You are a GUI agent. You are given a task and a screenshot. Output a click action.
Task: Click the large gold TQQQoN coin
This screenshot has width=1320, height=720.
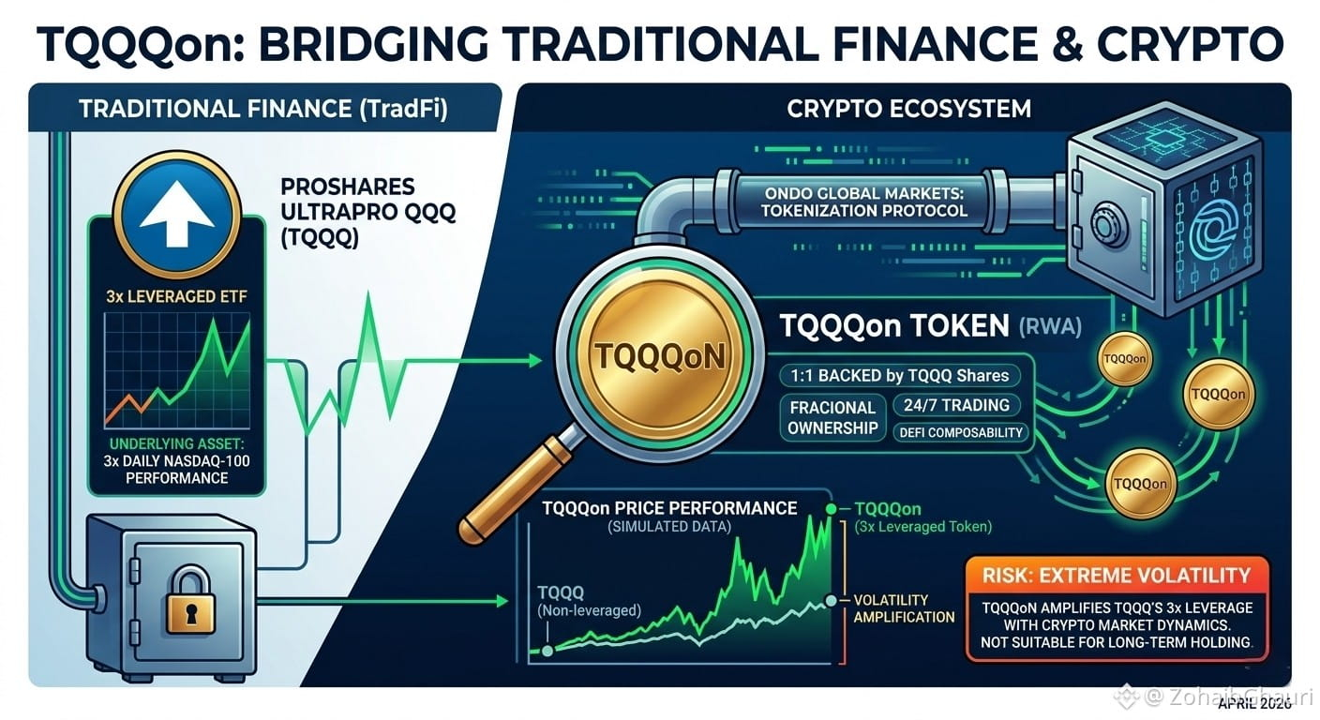[x=660, y=356]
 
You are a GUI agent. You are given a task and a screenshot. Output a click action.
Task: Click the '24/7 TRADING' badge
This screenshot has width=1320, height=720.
[x=956, y=405]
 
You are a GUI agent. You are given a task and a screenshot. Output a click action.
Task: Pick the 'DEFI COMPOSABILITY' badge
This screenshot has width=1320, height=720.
[x=961, y=432]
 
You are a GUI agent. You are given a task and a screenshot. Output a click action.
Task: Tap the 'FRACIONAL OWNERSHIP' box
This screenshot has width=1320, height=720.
[x=832, y=418]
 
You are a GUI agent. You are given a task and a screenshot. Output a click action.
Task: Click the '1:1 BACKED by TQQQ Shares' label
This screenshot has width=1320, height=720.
[x=899, y=375]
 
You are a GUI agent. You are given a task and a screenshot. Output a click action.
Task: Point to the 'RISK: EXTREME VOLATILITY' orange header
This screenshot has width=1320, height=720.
[x=1117, y=575]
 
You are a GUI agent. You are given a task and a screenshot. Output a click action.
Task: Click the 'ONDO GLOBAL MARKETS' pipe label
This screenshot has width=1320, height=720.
[x=863, y=202]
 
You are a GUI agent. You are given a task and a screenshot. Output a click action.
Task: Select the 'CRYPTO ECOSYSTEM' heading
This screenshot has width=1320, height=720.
[x=908, y=109]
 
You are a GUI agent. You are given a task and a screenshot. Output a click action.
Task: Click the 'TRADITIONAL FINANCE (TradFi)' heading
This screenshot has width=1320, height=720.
[x=263, y=110]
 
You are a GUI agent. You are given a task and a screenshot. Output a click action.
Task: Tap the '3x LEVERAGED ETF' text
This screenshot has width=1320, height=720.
[x=176, y=295]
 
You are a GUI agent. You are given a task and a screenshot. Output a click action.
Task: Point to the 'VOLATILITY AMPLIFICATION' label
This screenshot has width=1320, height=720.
[x=904, y=608]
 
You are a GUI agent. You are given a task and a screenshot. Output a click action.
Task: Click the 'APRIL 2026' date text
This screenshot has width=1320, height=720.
[x=1254, y=703]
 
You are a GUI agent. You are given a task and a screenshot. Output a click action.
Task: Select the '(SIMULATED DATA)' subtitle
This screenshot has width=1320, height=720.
[x=669, y=527]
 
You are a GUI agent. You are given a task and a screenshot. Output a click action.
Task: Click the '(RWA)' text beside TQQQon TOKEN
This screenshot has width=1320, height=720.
[x=1050, y=327]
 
